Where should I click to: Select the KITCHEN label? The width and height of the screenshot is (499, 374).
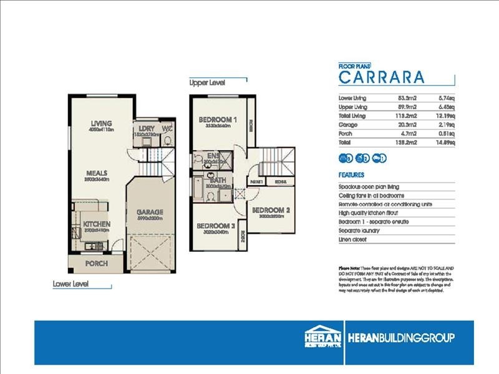[x=97, y=224]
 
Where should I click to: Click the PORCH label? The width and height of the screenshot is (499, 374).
[x=97, y=264]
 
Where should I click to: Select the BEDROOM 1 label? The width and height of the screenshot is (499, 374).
[x=218, y=119]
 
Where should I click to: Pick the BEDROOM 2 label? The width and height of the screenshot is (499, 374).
[x=272, y=210]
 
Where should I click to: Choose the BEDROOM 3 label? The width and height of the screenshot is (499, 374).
[x=215, y=226]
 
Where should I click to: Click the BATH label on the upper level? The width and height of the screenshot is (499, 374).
[x=218, y=180]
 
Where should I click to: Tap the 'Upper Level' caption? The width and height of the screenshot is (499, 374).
[x=207, y=82]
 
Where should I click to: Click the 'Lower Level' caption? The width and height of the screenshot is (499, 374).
[x=70, y=284]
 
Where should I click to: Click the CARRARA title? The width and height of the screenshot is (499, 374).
[x=381, y=77]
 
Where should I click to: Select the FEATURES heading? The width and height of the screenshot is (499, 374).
[x=351, y=176]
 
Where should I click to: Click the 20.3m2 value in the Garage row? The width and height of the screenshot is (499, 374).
[x=406, y=124]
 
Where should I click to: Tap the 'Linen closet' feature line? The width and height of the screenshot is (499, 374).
[x=354, y=239]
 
